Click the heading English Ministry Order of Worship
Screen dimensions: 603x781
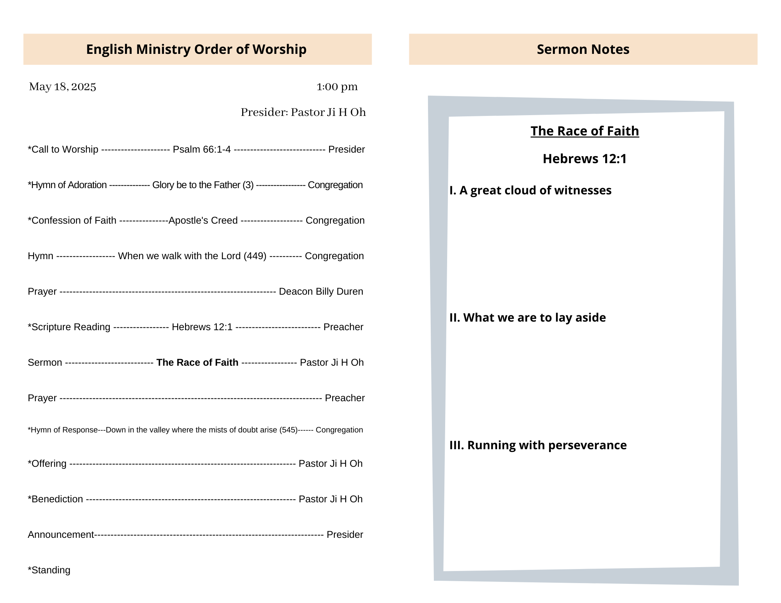(196, 49)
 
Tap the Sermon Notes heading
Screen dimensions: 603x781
(583, 49)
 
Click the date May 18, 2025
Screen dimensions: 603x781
(62, 87)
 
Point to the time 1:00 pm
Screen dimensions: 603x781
(337, 87)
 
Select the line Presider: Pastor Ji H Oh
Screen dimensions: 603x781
(303, 112)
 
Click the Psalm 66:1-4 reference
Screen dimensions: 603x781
(201, 149)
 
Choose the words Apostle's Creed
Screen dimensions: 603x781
(203, 221)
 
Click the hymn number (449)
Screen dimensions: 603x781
(255, 256)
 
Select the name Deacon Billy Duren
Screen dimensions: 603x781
(321, 292)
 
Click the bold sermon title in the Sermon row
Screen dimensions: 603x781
(197, 363)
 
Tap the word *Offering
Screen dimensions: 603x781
(47, 464)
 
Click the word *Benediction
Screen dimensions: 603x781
(55, 499)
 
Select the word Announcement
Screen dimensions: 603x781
(61, 535)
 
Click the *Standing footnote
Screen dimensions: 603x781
(49, 570)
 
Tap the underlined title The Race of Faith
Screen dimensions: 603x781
(585, 131)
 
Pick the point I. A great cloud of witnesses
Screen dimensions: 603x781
(530, 190)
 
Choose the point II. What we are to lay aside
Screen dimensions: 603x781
(528, 318)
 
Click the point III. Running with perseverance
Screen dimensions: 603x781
(538, 445)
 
